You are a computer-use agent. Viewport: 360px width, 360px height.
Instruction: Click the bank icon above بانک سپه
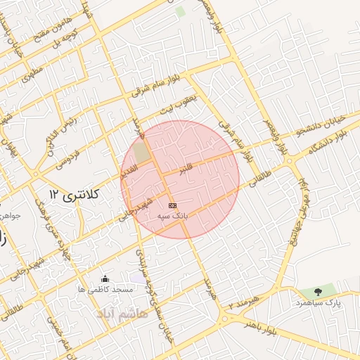(173, 205)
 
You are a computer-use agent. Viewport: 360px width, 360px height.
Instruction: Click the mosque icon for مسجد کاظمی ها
(105, 279)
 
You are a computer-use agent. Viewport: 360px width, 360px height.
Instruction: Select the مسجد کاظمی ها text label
(105, 290)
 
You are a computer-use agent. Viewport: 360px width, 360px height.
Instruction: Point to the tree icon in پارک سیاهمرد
(318, 292)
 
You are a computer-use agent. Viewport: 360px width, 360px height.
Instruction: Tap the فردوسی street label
(70, 155)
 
